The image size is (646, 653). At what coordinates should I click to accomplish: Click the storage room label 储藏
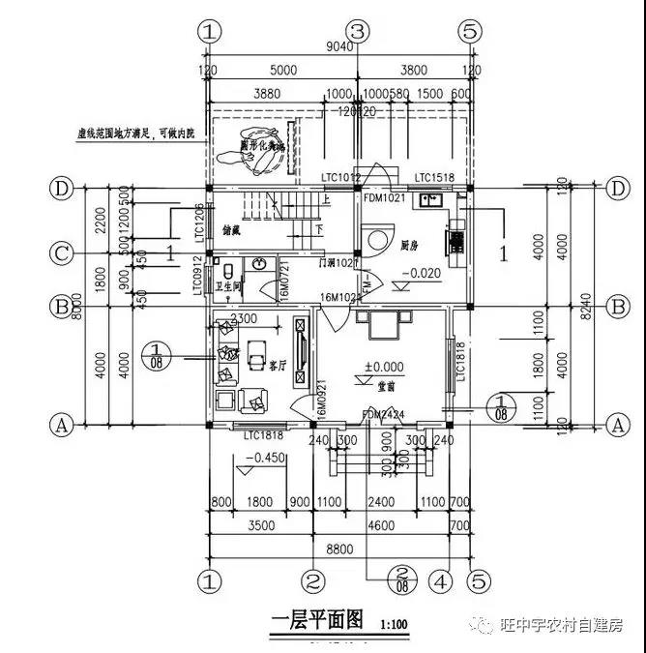click(232, 231)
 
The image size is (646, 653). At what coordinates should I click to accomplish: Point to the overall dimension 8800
click(339, 549)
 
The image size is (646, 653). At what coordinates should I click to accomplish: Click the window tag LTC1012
click(340, 177)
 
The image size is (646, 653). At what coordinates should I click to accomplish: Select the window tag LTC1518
click(433, 177)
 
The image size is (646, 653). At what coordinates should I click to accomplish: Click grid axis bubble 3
click(358, 31)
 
